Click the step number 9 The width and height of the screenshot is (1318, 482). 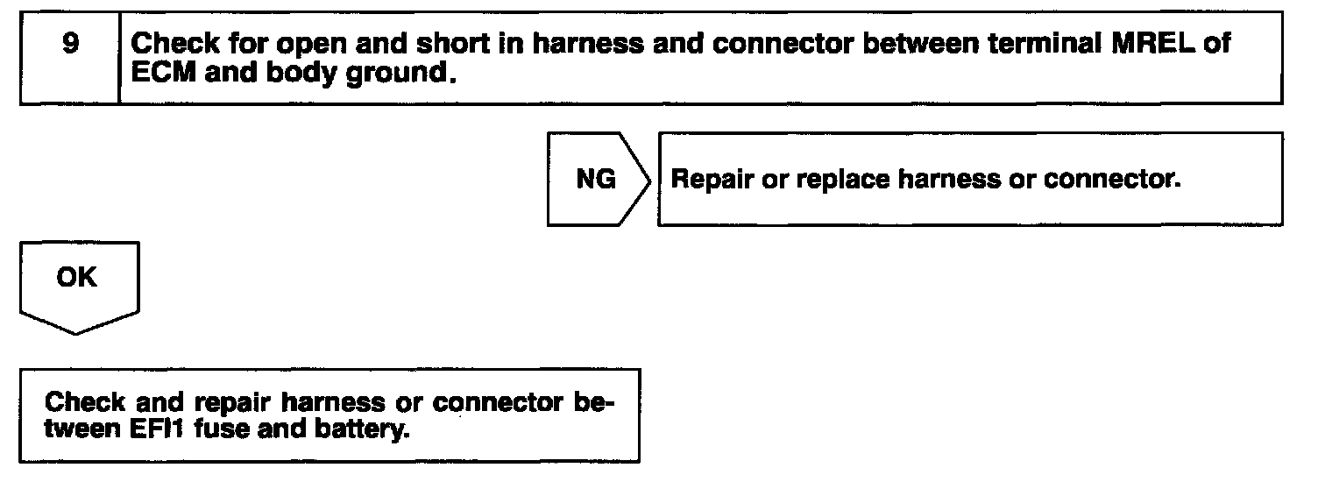coord(69,43)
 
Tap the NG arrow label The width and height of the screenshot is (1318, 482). coord(596,180)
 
